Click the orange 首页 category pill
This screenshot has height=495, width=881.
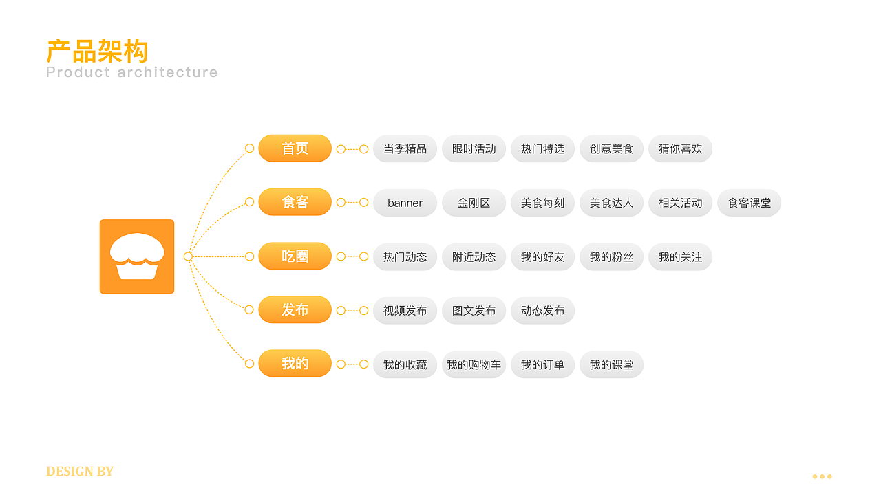click(x=295, y=148)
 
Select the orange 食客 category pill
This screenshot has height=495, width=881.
click(x=295, y=202)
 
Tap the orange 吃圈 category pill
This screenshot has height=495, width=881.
click(x=295, y=256)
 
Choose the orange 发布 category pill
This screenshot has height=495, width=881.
click(x=295, y=310)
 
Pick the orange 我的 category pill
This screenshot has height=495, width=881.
click(x=295, y=364)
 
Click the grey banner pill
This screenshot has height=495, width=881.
click(x=405, y=203)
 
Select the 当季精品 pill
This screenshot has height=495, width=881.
click(x=405, y=149)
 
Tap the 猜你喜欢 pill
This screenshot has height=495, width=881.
click(x=681, y=149)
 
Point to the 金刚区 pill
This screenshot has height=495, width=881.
click(x=474, y=203)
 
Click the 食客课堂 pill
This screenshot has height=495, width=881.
click(x=750, y=203)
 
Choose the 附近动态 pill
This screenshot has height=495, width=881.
click(x=474, y=257)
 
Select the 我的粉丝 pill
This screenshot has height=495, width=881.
click(x=612, y=257)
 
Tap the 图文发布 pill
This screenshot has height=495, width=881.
click(x=474, y=311)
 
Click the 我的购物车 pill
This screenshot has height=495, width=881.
click(x=474, y=364)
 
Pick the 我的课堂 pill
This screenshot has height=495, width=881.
click(x=612, y=364)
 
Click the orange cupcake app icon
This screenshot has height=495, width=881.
click(x=137, y=256)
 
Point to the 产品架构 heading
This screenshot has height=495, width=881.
click(x=97, y=51)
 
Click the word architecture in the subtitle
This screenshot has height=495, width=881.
click(x=167, y=72)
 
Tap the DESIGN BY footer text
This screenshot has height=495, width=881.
click(x=80, y=472)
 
